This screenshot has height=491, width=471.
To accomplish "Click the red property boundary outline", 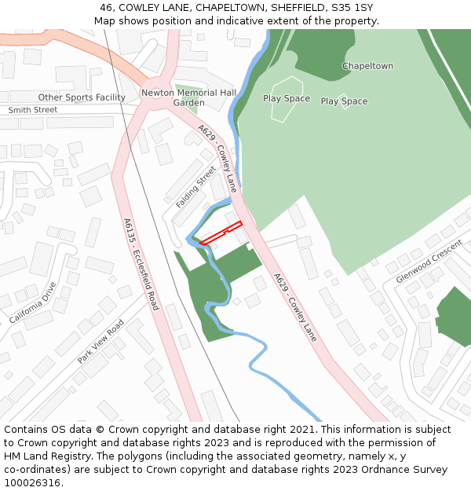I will click(x=220, y=233).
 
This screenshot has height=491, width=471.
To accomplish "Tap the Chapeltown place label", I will click(x=367, y=66).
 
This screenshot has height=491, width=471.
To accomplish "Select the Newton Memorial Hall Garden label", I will click(x=188, y=97).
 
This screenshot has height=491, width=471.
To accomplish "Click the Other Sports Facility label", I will click(x=82, y=97).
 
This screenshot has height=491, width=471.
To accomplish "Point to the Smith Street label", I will click(x=33, y=110).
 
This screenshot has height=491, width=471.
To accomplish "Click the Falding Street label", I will click(x=195, y=186).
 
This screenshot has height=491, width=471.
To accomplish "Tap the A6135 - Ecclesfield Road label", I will click(x=141, y=264).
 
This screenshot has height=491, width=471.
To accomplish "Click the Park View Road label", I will click(x=100, y=342).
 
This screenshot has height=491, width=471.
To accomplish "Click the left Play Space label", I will click(x=287, y=99).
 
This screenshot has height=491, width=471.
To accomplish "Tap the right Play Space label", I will click(x=344, y=101).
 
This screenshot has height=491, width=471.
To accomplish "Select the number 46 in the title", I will click(x=106, y=8).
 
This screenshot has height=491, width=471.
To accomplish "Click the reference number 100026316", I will click(x=32, y=483).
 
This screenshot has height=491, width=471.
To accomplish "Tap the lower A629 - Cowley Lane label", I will click(x=296, y=306).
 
